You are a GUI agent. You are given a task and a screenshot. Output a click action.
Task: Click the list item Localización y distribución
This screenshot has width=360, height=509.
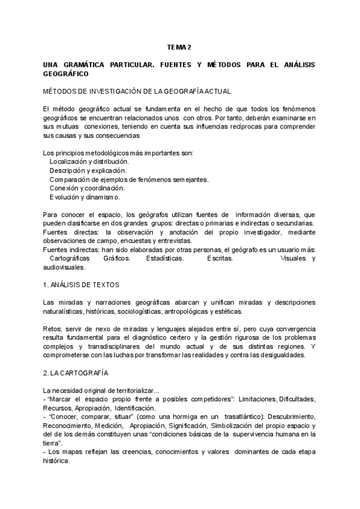[89, 161]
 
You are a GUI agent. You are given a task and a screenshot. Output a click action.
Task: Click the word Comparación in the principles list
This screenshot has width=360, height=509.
[71, 179]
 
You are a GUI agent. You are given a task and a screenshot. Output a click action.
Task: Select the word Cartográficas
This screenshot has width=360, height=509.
[74, 258]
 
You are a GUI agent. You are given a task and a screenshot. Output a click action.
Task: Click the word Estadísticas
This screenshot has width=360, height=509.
[165, 258]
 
